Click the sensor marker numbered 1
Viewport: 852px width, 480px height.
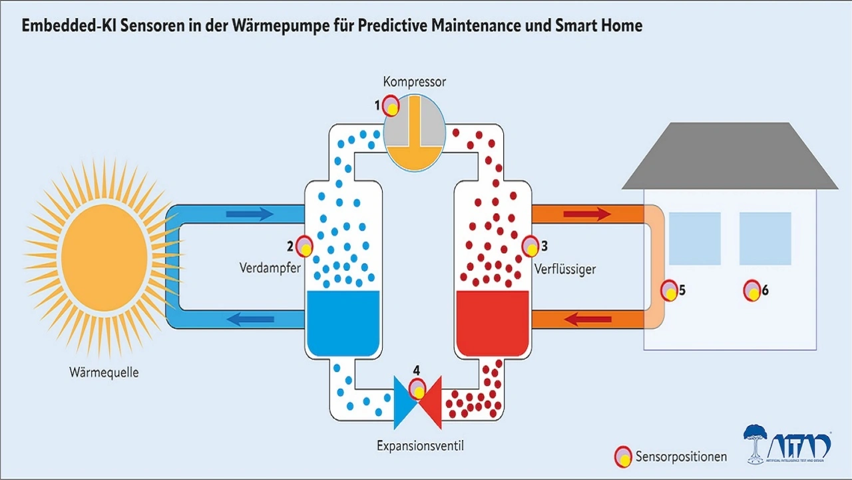tap(391, 107)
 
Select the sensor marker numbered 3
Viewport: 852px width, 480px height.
tap(531, 246)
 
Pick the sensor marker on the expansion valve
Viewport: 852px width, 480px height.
tap(417, 388)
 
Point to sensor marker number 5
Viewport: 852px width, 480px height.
tap(670, 291)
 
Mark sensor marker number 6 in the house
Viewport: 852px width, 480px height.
tap(752, 290)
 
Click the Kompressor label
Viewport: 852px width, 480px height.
tap(414, 82)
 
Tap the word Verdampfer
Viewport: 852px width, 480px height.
tap(270, 269)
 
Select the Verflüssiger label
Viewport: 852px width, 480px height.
tap(564, 270)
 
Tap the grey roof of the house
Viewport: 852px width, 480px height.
tap(729, 158)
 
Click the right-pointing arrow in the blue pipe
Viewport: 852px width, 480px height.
tap(250, 214)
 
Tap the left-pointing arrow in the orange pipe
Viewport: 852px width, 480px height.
tap(588, 320)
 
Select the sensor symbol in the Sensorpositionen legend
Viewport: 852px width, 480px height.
tap(622, 457)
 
